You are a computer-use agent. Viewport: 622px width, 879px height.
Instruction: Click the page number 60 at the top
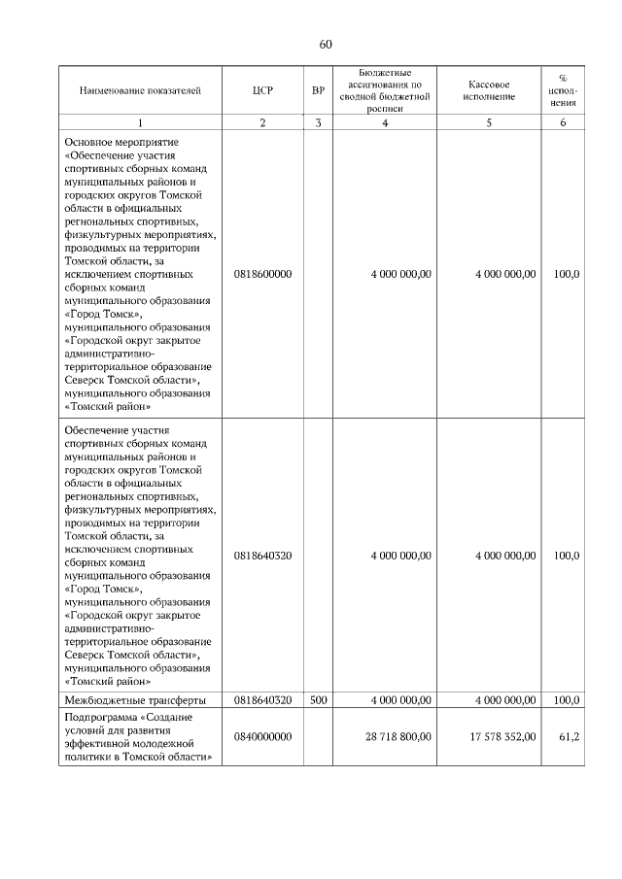tap(326, 44)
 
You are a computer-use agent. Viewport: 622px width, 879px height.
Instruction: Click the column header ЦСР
tap(262, 90)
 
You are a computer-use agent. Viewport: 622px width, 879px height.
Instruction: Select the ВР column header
tap(318, 90)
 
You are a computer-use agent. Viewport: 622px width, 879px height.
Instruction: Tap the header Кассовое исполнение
tap(489, 90)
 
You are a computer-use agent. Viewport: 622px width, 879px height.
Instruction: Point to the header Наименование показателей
tap(140, 90)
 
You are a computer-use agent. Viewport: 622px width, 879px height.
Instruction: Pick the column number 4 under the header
tap(385, 122)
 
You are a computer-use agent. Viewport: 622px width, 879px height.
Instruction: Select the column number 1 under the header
tap(140, 122)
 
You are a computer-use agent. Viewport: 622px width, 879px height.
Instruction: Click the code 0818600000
tap(262, 275)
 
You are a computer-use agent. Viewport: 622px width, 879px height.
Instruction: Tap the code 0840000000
tap(262, 737)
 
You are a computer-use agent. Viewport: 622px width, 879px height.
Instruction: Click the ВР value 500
tap(318, 699)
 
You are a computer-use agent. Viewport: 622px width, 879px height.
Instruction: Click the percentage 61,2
tap(570, 737)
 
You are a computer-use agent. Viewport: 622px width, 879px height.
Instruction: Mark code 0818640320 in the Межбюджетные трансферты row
tap(262, 699)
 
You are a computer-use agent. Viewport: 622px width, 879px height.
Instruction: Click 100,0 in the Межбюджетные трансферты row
tap(567, 699)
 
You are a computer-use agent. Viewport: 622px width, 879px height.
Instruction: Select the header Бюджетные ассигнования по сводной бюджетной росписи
tap(385, 90)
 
